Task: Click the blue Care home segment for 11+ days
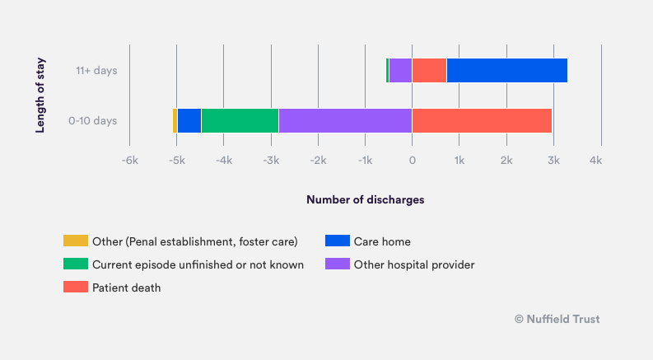tap(506, 71)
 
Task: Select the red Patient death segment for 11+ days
tap(429, 71)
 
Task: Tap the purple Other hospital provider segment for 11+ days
tap(400, 71)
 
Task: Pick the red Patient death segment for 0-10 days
tap(482, 120)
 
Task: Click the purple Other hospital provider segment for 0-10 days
tap(345, 120)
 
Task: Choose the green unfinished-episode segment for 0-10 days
tap(240, 120)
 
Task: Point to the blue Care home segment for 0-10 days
tap(189, 120)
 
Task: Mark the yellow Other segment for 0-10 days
tap(175, 120)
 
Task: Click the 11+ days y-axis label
tap(96, 71)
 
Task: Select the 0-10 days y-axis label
tap(93, 120)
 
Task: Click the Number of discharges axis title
tap(366, 199)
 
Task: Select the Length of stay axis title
tap(40, 95)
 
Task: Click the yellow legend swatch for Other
tap(75, 241)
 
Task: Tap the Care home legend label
tap(382, 241)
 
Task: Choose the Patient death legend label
tap(126, 288)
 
